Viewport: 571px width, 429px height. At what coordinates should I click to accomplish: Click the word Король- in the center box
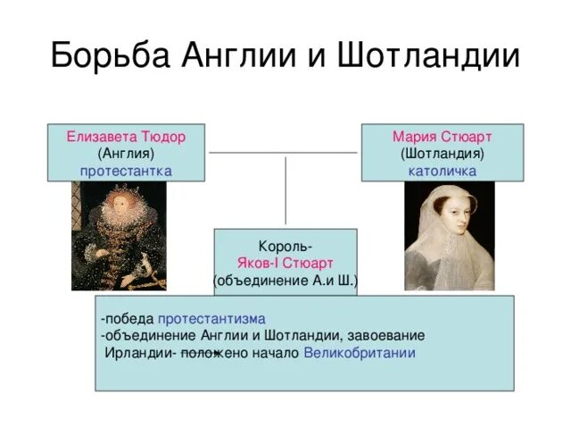(x=285, y=246)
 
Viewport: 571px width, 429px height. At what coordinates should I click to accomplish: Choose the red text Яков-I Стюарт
(x=285, y=263)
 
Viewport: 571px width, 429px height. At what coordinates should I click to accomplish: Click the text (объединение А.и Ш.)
(x=285, y=280)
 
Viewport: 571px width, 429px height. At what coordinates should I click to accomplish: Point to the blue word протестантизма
(x=212, y=319)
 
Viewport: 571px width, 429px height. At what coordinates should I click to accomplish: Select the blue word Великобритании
(x=360, y=352)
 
